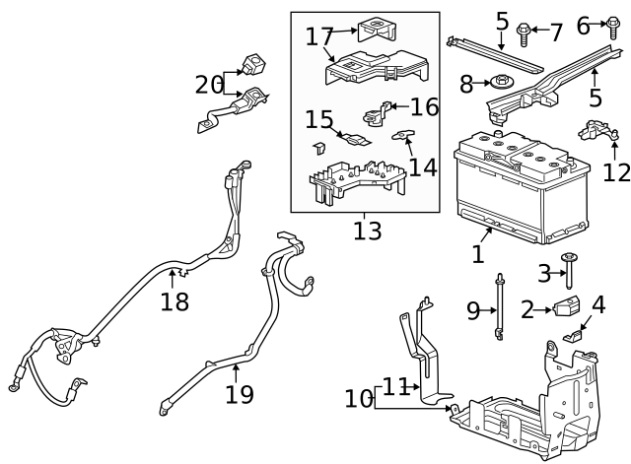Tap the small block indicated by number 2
567,308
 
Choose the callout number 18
175,301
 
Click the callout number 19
239,394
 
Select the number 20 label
209,85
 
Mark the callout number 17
319,36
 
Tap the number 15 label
318,120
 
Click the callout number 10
359,398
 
